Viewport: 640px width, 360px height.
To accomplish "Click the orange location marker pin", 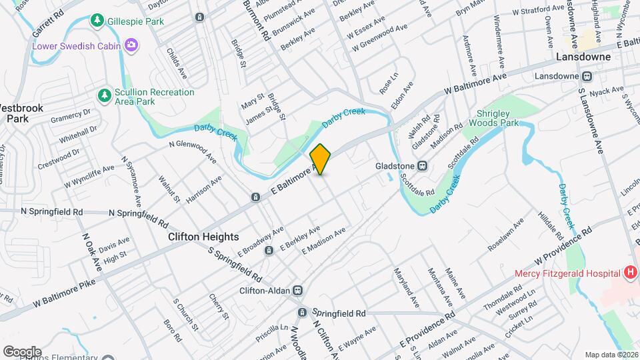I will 321,159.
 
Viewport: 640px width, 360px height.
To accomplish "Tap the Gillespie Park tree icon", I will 97,21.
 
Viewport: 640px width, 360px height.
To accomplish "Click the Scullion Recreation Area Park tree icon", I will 104,96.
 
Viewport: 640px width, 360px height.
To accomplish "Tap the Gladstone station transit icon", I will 422,166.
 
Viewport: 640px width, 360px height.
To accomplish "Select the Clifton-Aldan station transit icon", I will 297,291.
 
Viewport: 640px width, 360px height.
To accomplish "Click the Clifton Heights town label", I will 203,237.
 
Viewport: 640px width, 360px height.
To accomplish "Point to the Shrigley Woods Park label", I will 493,119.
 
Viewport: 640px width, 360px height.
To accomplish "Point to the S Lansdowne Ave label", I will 591,121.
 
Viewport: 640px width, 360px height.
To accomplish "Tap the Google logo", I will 22,351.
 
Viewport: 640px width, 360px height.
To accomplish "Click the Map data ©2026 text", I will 611,355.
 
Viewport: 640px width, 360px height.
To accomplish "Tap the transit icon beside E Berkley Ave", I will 269,251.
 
